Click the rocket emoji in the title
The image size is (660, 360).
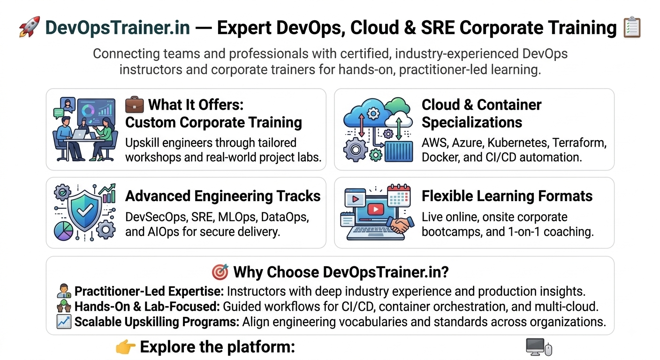click(x=30, y=27)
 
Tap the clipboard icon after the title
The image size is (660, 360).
click(x=632, y=27)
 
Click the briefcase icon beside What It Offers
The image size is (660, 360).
click(x=134, y=105)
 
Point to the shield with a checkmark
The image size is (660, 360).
click(x=85, y=210)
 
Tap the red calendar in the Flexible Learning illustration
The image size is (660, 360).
click(x=399, y=195)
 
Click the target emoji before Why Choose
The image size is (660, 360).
click(x=220, y=272)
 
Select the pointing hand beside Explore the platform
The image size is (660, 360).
click(x=126, y=347)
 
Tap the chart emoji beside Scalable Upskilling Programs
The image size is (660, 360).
click(x=64, y=322)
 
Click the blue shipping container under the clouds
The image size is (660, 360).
click(x=399, y=151)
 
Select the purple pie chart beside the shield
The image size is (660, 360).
click(x=63, y=231)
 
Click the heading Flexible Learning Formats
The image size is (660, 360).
click(x=507, y=196)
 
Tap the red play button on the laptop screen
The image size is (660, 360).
click(x=376, y=209)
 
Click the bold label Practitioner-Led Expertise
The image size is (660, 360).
click(x=149, y=292)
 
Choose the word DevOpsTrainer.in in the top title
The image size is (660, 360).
click(x=118, y=27)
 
